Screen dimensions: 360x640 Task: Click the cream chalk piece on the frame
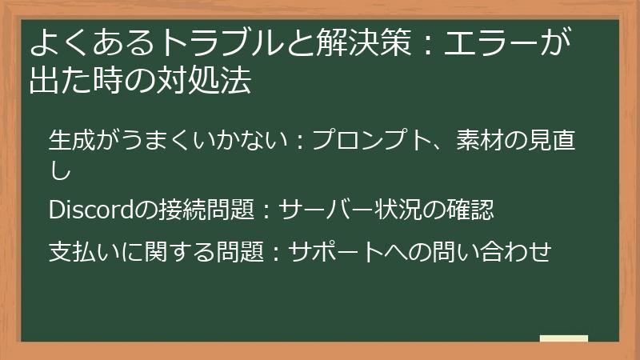click(564, 339)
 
